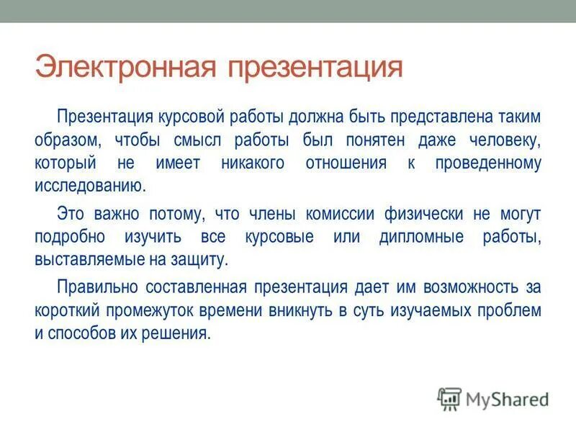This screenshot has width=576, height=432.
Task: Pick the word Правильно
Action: coord(98,288)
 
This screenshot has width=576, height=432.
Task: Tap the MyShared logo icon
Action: coord(450,397)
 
